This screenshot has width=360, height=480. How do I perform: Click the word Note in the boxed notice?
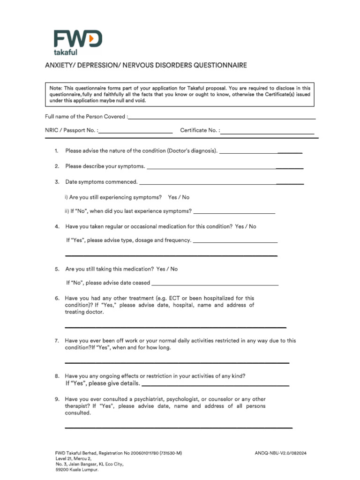point(55,88)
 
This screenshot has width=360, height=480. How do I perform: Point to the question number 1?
point(56,151)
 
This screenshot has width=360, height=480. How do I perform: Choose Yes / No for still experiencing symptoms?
point(179,197)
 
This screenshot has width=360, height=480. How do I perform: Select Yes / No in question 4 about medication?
point(246,226)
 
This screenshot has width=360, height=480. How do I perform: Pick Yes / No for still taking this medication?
point(167,269)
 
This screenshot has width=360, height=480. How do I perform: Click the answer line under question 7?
point(177,362)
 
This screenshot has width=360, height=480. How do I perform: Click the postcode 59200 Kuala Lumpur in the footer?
point(77,469)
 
